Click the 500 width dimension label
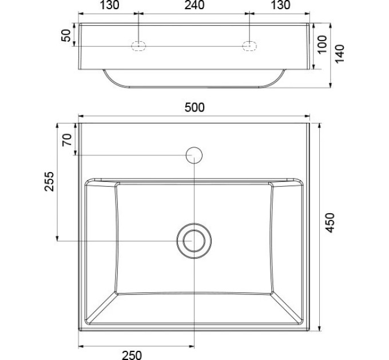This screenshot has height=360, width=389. tap(194, 107)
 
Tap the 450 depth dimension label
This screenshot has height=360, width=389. tap(330, 222)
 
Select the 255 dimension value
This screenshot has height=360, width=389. tap(49, 181)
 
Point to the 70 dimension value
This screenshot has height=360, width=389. tap(67, 140)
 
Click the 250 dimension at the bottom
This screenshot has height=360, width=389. tap(132, 355)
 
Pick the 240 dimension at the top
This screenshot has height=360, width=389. tap(194, 5)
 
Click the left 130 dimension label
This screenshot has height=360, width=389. tap(109, 5)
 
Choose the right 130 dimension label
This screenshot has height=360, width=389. tap(280, 5)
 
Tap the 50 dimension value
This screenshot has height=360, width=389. tap(66, 35)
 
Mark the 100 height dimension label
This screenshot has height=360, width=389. tap(323, 45)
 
